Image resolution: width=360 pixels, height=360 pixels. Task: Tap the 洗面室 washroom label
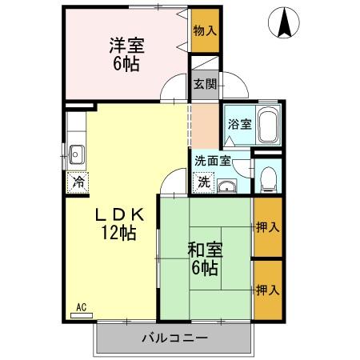point(213,159)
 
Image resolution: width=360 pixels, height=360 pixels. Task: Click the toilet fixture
point(269,177)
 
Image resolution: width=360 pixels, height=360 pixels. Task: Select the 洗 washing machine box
point(203,182)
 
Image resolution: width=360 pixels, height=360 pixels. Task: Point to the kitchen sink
point(78,153)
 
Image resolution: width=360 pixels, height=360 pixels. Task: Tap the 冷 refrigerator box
point(78,182)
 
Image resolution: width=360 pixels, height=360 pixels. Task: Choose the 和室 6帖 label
point(204,258)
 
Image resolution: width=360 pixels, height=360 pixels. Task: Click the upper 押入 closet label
point(268,226)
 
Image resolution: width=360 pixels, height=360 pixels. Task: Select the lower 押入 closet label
point(268,289)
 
